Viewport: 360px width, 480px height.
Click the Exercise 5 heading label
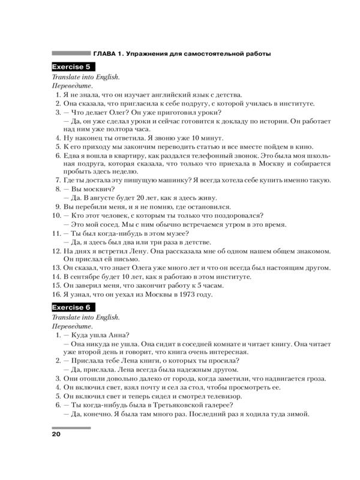pyautogui.click(x=71, y=67)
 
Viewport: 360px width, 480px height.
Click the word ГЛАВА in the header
pyautogui.click(x=107, y=54)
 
